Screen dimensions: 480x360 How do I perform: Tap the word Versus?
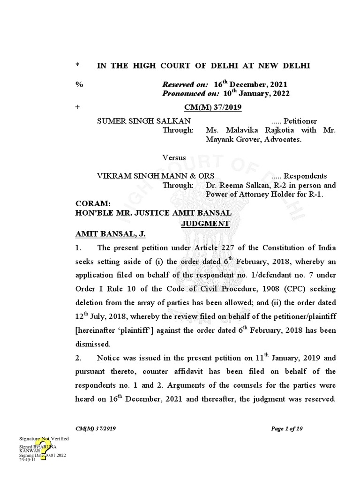(174, 157)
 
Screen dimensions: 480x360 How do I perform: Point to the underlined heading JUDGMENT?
(205, 224)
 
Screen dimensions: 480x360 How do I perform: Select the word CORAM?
(93, 204)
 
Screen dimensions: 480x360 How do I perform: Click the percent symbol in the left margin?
(78, 84)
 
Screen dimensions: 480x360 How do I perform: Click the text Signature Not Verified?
(44, 438)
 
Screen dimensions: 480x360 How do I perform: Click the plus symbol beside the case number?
(77, 108)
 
